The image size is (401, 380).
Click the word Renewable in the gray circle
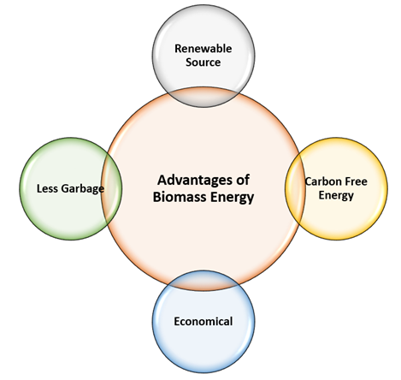pyautogui.click(x=203, y=49)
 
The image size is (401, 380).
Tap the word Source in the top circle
pyautogui.click(x=203, y=62)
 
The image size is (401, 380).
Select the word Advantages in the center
pyautogui.click(x=192, y=181)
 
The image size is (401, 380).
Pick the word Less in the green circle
pyautogui.click(x=47, y=188)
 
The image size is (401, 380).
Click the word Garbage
pyautogui.click(x=83, y=189)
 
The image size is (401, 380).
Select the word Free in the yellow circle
pyautogui.click(x=356, y=181)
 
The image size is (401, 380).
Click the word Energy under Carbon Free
pyautogui.click(x=336, y=196)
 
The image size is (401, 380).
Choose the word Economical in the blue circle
pyautogui.click(x=203, y=321)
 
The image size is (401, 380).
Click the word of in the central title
pyautogui.click(x=243, y=181)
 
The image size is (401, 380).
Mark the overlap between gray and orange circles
pyautogui.click(x=203, y=97)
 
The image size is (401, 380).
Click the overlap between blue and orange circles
pyautogui.click(x=203, y=281)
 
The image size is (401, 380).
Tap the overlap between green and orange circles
pyautogui.click(x=112, y=188)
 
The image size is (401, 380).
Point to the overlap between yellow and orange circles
pyautogui.click(x=295, y=188)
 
